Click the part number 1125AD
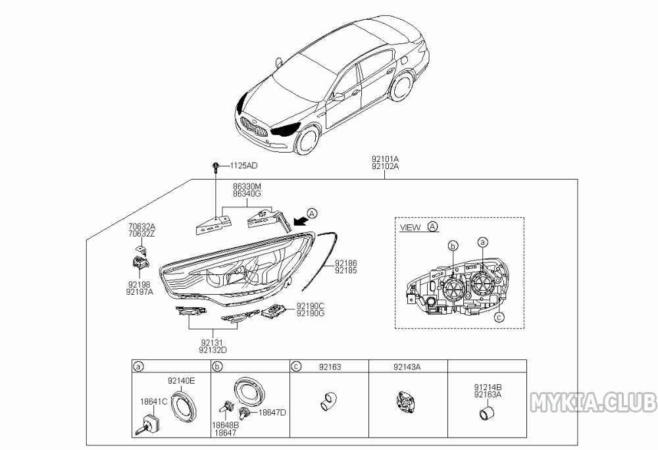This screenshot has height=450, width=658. pyautogui.click(x=244, y=166)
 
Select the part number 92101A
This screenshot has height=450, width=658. pyautogui.click(x=385, y=159)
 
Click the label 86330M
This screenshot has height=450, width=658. pyautogui.click(x=247, y=186)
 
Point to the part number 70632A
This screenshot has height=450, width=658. pyautogui.click(x=141, y=227)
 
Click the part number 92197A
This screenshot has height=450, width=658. pyautogui.click(x=139, y=292)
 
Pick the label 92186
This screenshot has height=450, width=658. pyautogui.click(x=346, y=264)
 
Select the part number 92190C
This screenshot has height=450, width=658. pyautogui.click(x=310, y=306)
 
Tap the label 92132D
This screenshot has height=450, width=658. pyautogui.click(x=213, y=350)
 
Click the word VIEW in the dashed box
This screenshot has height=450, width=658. pyautogui.click(x=410, y=228)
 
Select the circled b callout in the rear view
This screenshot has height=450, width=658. pyautogui.click(x=453, y=246)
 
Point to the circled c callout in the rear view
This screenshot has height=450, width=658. pyautogui.click(x=499, y=318)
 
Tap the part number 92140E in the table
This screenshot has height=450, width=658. pyautogui.click(x=182, y=381)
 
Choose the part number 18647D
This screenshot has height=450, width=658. pyautogui.click(x=272, y=413)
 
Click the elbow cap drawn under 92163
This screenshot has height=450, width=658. pyautogui.click(x=328, y=400)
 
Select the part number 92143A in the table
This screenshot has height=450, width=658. pyautogui.click(x=407, y=367)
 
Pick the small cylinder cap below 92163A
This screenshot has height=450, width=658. pyautogui.click(x=487, y=413)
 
